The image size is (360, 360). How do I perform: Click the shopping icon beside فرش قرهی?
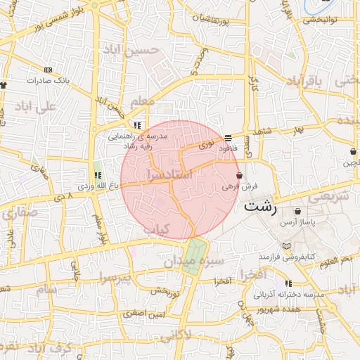coord(240,175)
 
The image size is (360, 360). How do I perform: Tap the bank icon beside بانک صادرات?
coord(48,70)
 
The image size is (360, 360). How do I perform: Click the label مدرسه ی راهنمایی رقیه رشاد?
coord(141,140)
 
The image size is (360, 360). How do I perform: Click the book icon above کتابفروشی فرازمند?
coord(285,246)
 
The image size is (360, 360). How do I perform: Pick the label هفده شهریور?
coord(293,309)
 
